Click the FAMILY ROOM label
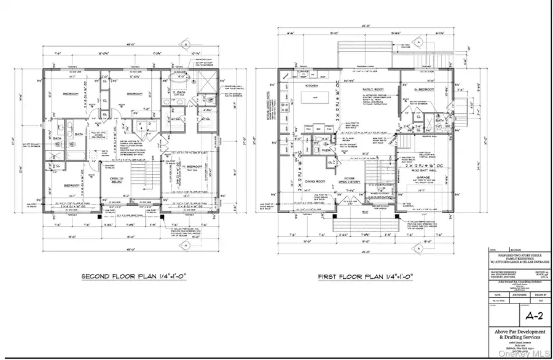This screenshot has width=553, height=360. pyautogui.click(x=372, y=89)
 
